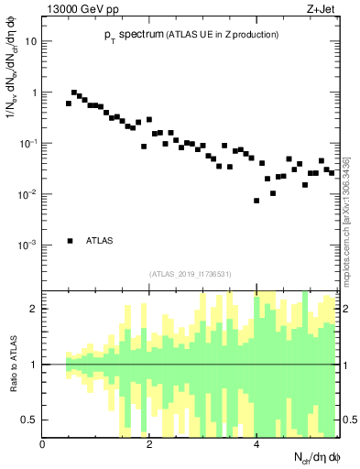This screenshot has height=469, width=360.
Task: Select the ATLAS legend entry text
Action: tap(101, 241)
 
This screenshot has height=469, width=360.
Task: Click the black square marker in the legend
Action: tap(70, 241)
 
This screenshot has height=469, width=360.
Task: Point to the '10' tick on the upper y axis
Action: tap(30, 42)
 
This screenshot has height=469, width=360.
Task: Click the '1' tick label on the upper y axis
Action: tap(34, 93)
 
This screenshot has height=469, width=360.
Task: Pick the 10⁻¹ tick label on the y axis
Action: tap(28, 144)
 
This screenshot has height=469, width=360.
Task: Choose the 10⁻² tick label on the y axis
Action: tap(28, 194)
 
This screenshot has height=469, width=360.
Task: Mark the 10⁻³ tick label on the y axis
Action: tap(28, 245)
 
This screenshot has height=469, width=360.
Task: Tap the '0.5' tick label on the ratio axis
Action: tap(30, 420)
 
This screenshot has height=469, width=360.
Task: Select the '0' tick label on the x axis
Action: tap(43, 444)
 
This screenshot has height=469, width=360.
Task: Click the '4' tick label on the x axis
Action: tap(256, 444)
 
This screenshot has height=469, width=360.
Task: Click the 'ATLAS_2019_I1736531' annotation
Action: tap(190, 273)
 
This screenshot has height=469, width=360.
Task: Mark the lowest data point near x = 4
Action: tap(256, 201)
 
